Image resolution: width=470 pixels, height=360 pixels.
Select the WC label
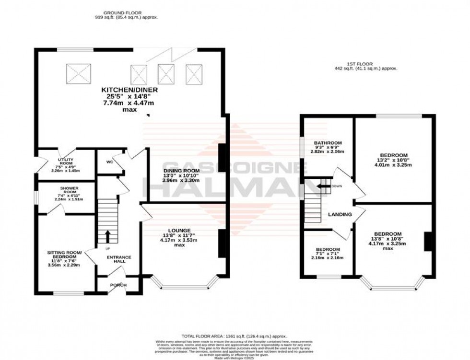coord(109,162)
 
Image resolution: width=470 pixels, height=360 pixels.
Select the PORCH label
coord(118,285)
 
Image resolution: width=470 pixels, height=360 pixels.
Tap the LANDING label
coord(340,214)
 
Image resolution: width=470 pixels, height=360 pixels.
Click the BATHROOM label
coord(328,143)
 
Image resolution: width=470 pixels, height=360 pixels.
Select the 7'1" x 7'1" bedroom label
coord(329,250)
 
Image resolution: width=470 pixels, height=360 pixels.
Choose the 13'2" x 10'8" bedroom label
coord(394,155)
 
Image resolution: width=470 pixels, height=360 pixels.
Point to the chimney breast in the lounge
coord(222,244)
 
